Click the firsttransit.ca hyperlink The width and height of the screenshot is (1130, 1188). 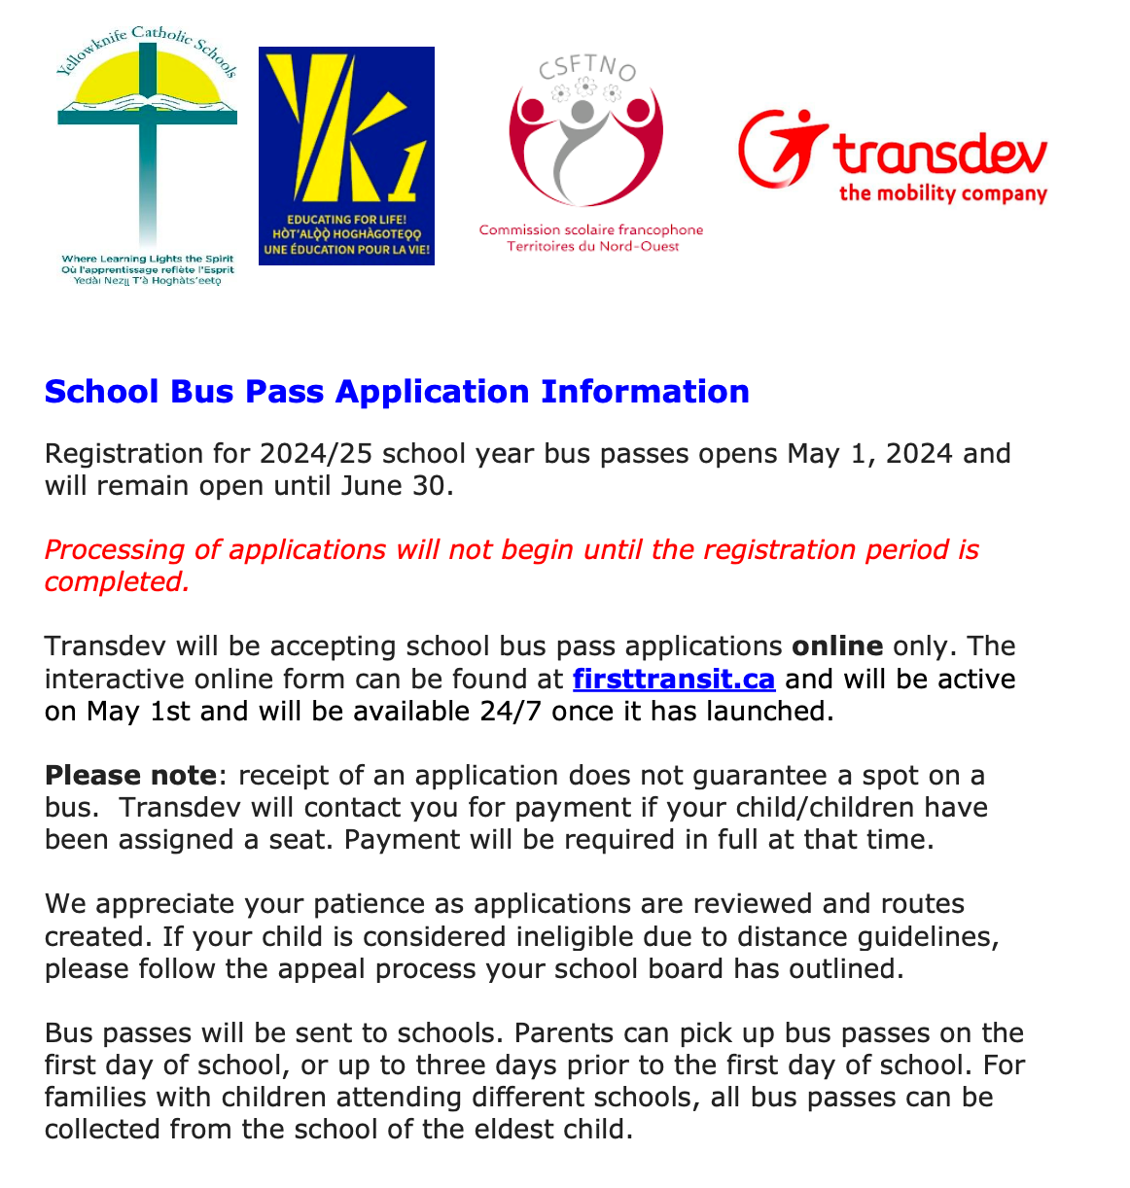pyautogui.click(x=673, y=679)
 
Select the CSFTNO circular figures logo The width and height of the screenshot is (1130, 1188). pyautogui.click(x=585, y=141)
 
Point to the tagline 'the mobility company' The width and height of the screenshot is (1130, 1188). pyautogui.click(x=942, y=193)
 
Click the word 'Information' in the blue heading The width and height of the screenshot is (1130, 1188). pyautogui.click(x=645, y=391)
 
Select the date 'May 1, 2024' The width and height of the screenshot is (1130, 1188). pyautogui.click(x=869, y=454)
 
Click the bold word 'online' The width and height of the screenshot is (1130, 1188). pyautogui.click(x=837, y=646)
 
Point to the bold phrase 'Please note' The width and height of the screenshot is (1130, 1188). pyautogui.click(x=130, y=776)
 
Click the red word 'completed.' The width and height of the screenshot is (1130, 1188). pyautogui.click(x=117, y=582)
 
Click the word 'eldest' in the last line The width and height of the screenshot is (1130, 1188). pyautogui.click(x=528, y=1130)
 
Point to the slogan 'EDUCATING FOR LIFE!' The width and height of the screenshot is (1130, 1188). pyautogui.click(x=346, y=220)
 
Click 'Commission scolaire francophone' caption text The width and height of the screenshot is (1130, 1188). pyautogui.click(x=590, y=230)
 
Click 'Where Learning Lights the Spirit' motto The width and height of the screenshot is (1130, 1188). pyautogui.click(x=148, y=260)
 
